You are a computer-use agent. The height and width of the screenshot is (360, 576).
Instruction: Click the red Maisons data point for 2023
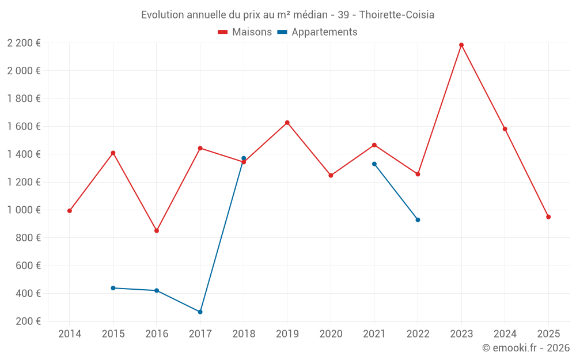(x=461, y=45)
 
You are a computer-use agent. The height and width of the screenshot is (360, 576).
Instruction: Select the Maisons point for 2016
(x=157, y=230)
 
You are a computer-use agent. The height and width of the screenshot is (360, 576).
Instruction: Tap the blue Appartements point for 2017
(x=200, y=312)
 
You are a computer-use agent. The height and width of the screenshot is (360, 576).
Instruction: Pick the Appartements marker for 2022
(x=418, y=219)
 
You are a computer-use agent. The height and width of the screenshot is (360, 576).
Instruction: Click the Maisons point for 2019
(x=287, y=123)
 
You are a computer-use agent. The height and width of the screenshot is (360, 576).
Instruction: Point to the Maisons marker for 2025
(x=548, y=217)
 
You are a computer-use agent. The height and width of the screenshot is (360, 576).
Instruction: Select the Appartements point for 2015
(x=113, y=288)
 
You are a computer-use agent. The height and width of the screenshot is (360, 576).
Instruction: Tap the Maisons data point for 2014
(x=70, y=211)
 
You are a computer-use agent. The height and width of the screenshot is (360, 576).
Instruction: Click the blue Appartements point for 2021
(x=374, y=164)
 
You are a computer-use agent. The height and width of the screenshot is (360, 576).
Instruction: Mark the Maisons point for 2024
(x=505, y=129)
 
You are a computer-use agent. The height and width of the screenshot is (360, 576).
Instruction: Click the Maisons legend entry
(x=245, y=32)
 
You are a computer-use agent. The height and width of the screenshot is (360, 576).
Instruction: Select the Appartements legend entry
(x=317, y=32)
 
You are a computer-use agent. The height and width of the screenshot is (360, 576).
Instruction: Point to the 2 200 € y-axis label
(x=24, y=43)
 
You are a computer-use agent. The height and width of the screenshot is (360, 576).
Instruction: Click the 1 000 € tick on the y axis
(x=24, y=210)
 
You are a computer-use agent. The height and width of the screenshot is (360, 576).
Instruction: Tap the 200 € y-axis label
(x=28, y=321)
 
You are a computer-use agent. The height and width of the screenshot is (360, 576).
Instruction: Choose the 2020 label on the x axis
(x=331, y=334)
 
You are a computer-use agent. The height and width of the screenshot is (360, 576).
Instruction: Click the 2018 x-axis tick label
(x=244, y=334)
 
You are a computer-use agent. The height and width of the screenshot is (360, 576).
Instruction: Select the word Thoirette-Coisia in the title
(x=397, y=14)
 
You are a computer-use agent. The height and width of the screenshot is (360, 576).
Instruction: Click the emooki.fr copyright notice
(x=525, y=348)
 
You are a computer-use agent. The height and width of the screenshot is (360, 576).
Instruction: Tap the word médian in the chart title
(x=309, y=14)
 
